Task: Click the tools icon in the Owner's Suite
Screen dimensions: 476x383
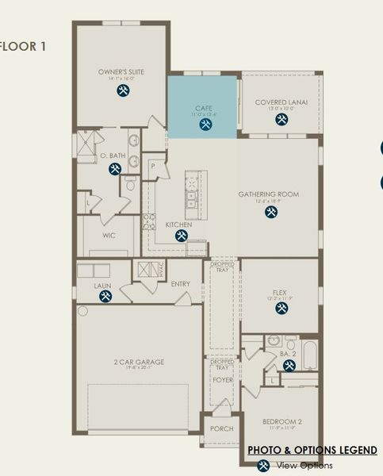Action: [x=123, y=91]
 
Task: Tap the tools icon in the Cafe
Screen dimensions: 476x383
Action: [x=205, y=125]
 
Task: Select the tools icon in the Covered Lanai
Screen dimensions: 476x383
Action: [x=281, y=120]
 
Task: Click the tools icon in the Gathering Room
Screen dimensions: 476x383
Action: [x=270, y=212]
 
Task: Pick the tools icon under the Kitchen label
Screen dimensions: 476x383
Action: [x=181, y=236]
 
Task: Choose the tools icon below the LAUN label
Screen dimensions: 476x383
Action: [x=105, y=296]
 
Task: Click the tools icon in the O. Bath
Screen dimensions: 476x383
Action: [x=115, y=168]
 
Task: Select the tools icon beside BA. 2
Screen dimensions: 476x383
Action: [x=289, y=365]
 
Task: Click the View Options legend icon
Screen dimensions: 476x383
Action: [x=263, y=466]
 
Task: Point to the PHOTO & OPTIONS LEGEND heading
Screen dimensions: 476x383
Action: [x=312, y=450]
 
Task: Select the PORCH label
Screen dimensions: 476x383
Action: [x=220, y=428]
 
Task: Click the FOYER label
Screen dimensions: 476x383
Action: [x=223, y=379]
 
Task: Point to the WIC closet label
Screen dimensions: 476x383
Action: [x=109, y=236]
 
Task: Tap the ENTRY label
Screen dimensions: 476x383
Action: [x=180, y=283]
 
